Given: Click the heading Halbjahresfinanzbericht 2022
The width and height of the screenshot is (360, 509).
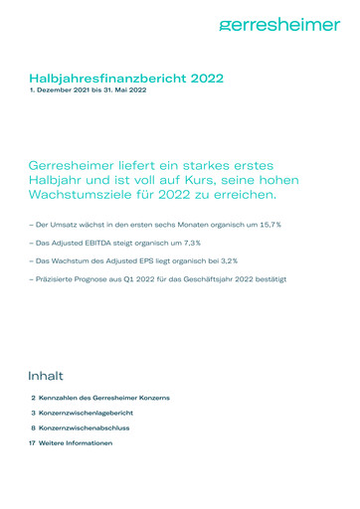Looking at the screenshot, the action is (x=126, y=78).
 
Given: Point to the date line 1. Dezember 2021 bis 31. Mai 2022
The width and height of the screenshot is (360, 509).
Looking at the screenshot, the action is (x=88, y=91).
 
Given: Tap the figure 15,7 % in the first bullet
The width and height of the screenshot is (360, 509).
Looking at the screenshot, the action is (x=268, y=226).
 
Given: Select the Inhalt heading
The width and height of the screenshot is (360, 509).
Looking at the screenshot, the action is (x=47, y=376).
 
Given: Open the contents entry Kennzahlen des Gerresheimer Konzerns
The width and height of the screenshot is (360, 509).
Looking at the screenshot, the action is (x=103, y=398).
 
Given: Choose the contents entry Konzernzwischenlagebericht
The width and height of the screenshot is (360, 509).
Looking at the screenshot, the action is (x=86, y=413).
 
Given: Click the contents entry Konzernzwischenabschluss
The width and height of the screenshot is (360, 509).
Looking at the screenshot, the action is (x=85, y=427).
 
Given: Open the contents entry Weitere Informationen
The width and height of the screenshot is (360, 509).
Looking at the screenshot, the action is (x=76, y=442).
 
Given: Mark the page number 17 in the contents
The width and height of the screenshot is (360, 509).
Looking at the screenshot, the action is (x=32, y=442).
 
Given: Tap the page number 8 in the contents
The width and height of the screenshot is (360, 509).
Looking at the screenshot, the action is (x=33, y=427).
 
